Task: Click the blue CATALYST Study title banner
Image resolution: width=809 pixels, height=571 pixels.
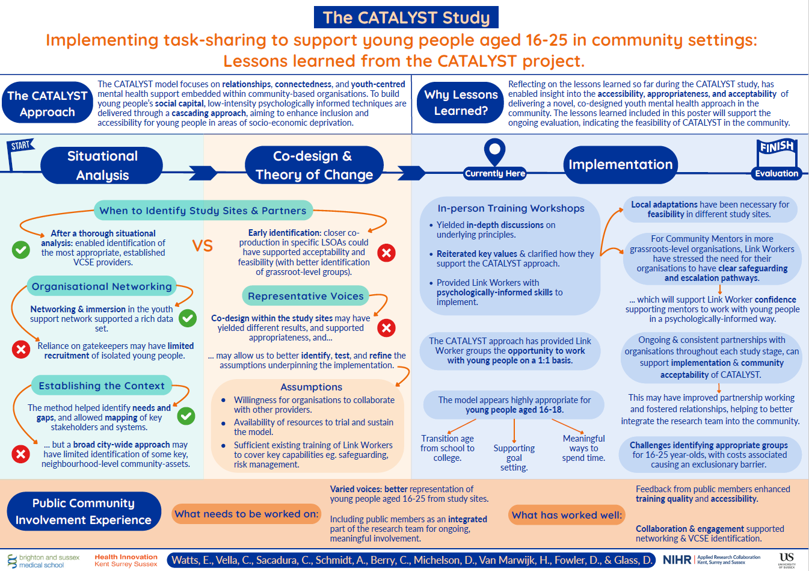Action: (406, 17)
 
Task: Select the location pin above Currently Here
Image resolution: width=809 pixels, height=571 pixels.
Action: (494, 150)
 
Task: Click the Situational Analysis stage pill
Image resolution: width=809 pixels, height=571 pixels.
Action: (102, 165)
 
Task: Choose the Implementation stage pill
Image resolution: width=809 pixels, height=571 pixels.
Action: (620, 165)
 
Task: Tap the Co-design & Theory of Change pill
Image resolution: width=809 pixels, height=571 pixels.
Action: (314, 165)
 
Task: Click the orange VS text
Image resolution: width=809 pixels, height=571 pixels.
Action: (203, 245)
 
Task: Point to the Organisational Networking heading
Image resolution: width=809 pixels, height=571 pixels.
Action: (102, 286)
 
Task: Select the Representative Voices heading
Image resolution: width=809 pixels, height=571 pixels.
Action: (306, 296)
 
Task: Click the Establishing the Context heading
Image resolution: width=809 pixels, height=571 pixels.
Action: (101, 386)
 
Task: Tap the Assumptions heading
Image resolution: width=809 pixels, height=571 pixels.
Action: (311, 387)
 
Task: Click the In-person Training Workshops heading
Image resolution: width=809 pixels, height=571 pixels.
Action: (511, 208)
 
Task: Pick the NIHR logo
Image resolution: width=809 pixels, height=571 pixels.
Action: (677, 560)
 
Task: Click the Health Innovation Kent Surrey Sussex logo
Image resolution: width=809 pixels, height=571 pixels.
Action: (126, 560)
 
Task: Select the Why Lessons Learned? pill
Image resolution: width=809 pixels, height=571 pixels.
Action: (461, 103)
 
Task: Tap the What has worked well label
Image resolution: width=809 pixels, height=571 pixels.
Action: (567, 514)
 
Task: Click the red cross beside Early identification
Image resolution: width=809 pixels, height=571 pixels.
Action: (386, 253)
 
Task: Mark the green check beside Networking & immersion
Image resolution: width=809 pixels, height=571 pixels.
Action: (188, 318)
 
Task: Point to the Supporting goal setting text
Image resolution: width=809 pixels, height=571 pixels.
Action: (514, 458)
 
